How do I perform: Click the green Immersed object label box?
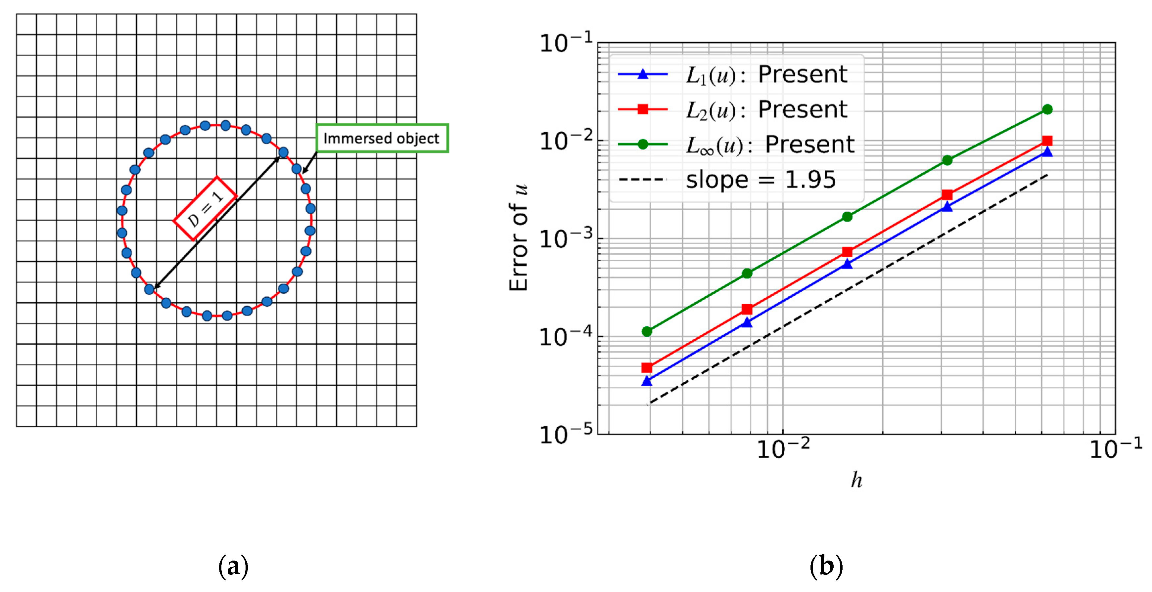(382, 138)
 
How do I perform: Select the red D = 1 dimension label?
(205, 208)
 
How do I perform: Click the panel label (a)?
(233, 567)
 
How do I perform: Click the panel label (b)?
(826, 567)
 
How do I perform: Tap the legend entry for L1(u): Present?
(733, 74)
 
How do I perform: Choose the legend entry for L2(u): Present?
(733, 109)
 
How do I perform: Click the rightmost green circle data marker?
(1047, 109)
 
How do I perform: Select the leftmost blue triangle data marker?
(647, 381)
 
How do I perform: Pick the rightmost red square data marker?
(1047, 141)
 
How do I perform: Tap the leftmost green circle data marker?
(647, 331)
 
